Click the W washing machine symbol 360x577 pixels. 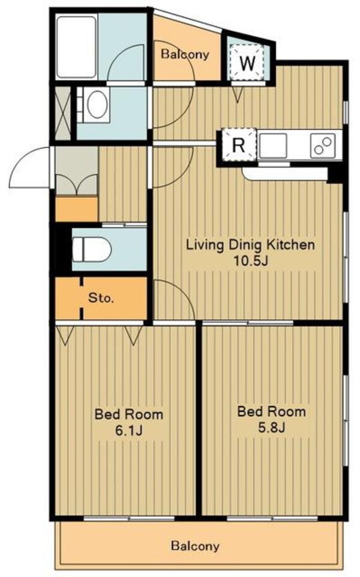[x=247, y=62]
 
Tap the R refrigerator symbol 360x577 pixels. [x=239, y=145]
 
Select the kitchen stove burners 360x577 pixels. [x=323, y=146]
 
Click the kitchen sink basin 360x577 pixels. [x=273, y=145]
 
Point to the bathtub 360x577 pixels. [x=77, y=47]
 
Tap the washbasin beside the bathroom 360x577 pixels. [x=96, y=104]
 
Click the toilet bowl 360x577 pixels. [x=92, y=249]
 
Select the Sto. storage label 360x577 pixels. [x=101, y=297]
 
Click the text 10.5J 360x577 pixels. [x=250, y=260]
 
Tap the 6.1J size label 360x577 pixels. [x=128, y=430]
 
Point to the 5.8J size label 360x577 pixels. [x=272, y=427]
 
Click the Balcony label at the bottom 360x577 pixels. [x=195, y=546]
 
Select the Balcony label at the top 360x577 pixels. [x=185, y=54]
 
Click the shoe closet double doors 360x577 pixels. [x=76, y=184]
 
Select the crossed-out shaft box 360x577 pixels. [x=62, y=113]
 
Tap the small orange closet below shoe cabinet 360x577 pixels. [x=77, y=209]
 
